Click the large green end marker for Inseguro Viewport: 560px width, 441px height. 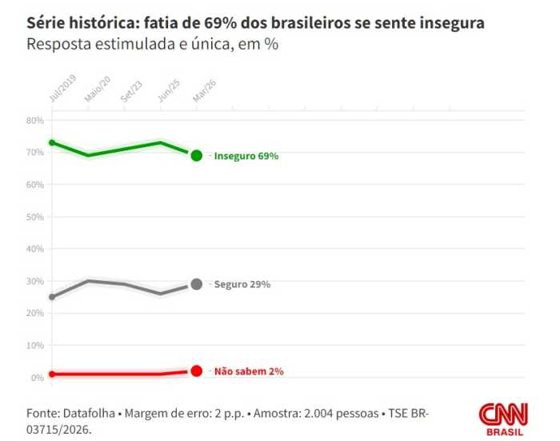pyautogui.click(x=196, y=155)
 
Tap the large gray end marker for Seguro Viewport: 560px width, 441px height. pyautogui.click(x=196, y=284)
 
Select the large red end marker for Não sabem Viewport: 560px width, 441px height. pyautogui.click(x=196, y=371)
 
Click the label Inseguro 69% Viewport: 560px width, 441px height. pyautogui.click(x=246, y=156)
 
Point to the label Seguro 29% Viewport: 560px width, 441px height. pyautogui.click(x=242, y=285)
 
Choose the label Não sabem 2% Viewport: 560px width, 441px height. pyautogui.click(x=248, y=371)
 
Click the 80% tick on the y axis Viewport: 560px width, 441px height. pyautogui.click(x=34, y=120)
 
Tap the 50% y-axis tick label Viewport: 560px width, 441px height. pyautogui.click(x=34, y=217)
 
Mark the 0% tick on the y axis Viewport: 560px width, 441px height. pyautogui.click(x=37, y=378)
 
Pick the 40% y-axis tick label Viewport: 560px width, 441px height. pyautogui.click(x=34, y=249)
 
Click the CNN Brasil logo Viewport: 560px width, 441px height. pyautogui.click(x=503, y=418)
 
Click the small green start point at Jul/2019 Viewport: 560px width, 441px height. pyautogui.click(x=52, y=142)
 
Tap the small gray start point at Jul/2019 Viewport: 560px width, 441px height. pyautogui.click(x=52, y=297)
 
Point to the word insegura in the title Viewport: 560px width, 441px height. pyautogui.click(x=450, y=23)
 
